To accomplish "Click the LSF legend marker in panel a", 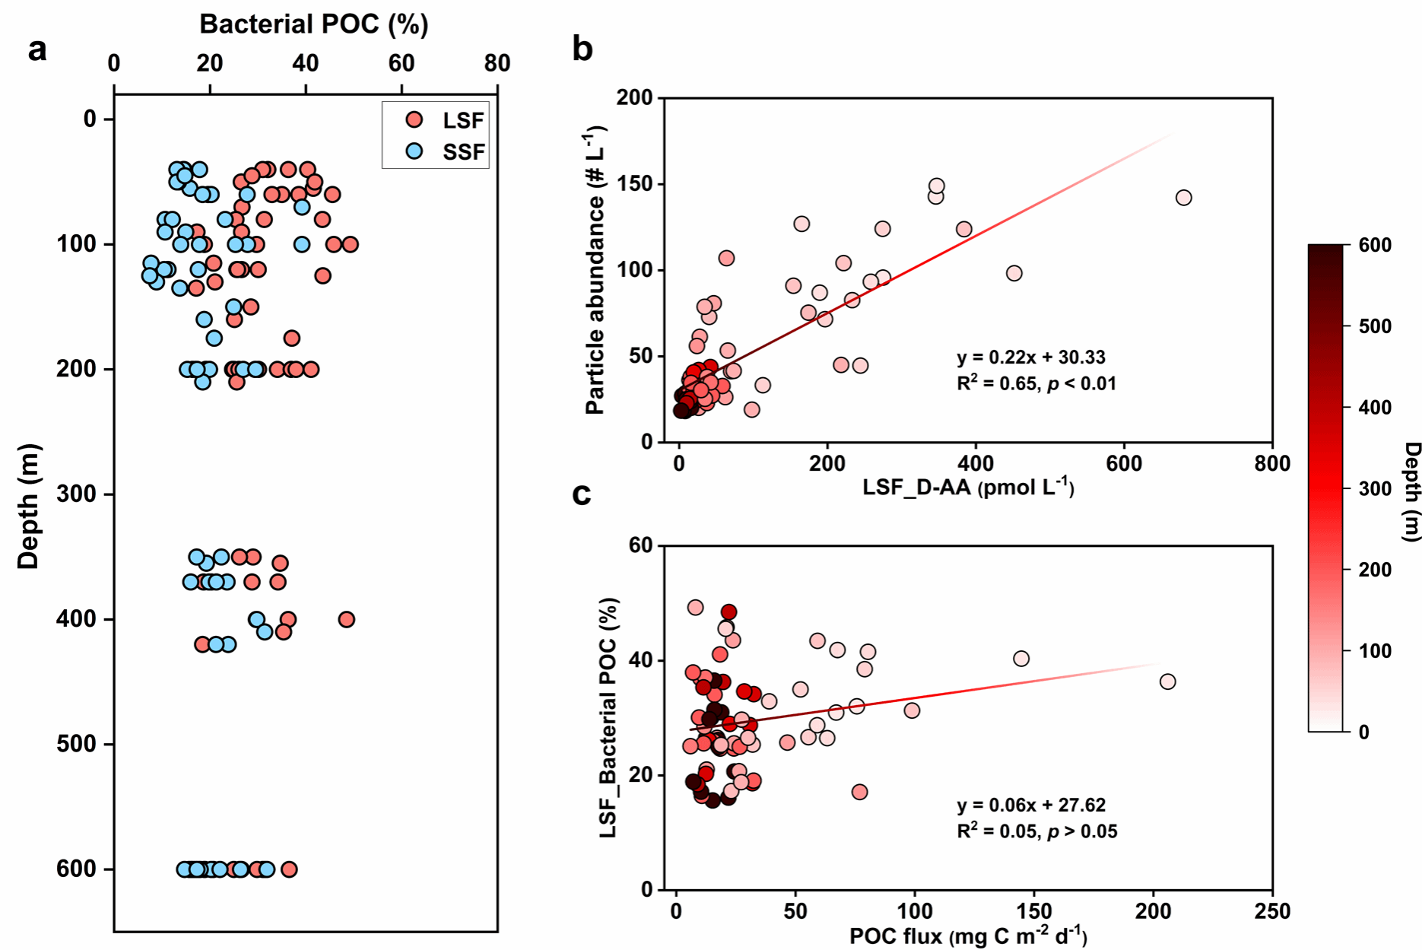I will [x=414, y=120].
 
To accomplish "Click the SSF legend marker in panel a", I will [x=414, y=151].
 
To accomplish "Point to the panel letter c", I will [x=582, y=494].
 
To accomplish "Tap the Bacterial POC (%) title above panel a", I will [x=313, y=24].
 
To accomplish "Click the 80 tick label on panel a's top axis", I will [x=497, y=63].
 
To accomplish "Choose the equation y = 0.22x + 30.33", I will [x=1031, y=357].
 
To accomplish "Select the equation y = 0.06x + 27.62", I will [x=1031, y=805].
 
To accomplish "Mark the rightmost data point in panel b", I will [x=1183, y=198].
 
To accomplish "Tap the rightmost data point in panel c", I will [x=1167, y=682].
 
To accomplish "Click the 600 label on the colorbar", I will [x=1375, y=245].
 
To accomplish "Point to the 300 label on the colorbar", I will [x=1375, y=488].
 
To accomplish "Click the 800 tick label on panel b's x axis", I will [x=1271, y=463].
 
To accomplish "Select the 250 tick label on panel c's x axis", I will [x=1271, y=910].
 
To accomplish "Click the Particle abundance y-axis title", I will [x=596, y=270].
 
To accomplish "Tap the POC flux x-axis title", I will [x=967, y=936].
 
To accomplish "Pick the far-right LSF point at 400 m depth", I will [x=347, y=619].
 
